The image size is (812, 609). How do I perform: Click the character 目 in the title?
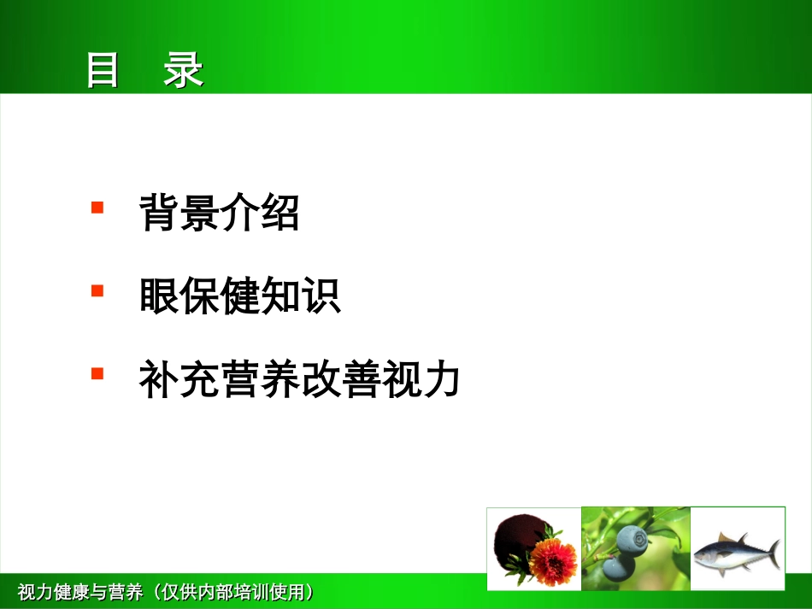[103, 71]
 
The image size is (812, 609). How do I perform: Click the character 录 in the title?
[184, 71]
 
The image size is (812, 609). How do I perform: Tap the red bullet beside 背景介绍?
[97, 208]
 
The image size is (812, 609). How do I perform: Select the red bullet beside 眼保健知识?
[97, 290]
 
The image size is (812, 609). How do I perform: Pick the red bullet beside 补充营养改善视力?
[97, 373]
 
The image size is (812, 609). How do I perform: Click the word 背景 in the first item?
[179, 214]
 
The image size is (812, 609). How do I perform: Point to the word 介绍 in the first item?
[260, 214]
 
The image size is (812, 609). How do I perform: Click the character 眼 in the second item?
[159, 296]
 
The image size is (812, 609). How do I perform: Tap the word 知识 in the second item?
[300, 296]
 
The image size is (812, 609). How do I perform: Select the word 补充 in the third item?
[179, 381]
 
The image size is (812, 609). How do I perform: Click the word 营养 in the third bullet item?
[260, 381]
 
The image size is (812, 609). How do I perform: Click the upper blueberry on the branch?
[633, 540]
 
